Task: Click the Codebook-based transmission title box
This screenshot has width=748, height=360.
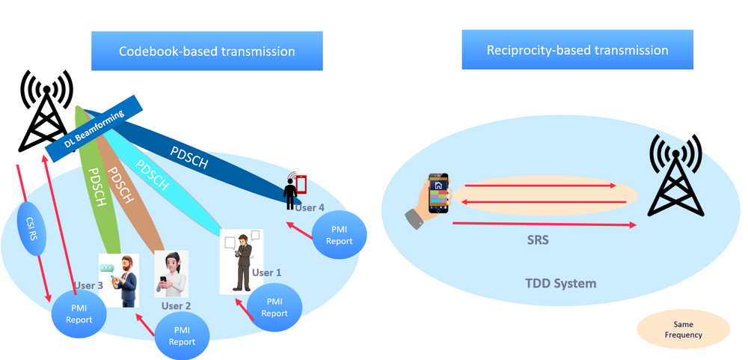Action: pyautogui.click(x=207, y=52)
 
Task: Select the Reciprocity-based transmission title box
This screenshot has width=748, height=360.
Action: pyautogui.click(x=577, y=50)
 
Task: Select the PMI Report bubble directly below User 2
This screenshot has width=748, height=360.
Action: pyautogui.click(x=182, y=336)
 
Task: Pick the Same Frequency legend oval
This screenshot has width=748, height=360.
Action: pyautogui.click(x=683, y=329)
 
